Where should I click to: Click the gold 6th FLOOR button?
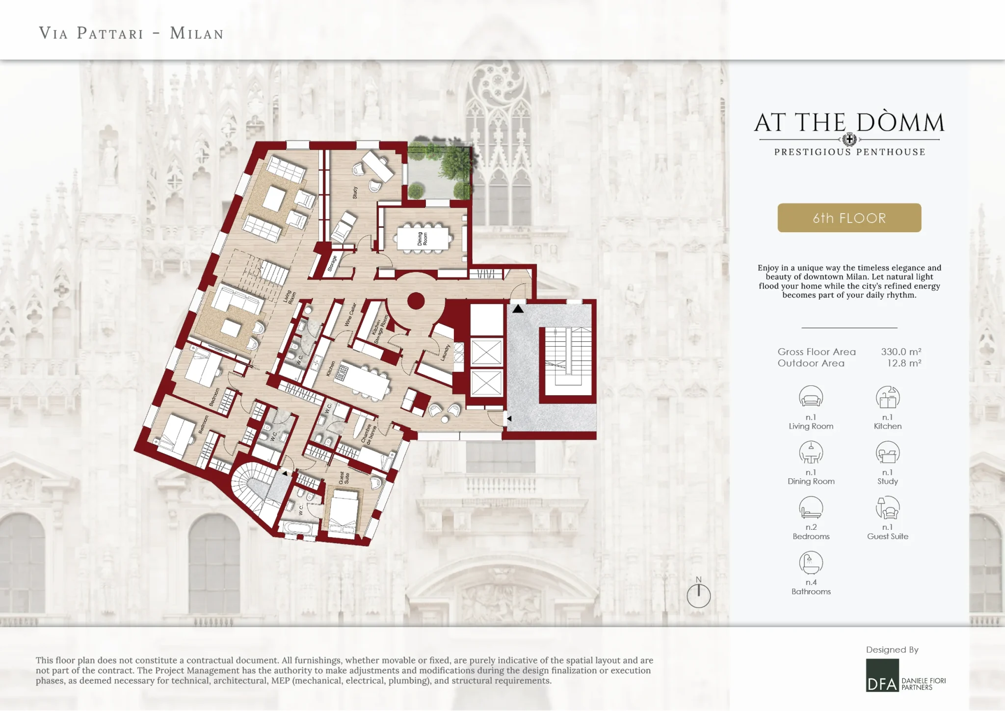(849, 218)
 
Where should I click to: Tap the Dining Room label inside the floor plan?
(422, 239)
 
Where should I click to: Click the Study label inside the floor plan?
(355, 192)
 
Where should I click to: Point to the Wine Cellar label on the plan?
(350, 315)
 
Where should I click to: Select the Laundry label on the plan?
(446, 353)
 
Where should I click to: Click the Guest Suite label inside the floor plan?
(344, 478)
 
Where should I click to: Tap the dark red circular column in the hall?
(416, 301)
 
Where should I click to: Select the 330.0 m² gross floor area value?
(901, 352)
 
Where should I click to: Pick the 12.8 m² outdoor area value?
(904, 363)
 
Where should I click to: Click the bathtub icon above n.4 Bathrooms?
(811, 563)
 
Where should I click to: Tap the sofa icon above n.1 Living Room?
(811, 397)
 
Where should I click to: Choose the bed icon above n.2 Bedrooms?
(811, 508)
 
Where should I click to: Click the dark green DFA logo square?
(882, 675)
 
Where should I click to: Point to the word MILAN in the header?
(197, 33)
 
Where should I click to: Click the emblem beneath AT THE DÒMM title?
(849, 139)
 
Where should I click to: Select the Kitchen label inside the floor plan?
(331, 369)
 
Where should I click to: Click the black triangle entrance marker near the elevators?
(518, 309)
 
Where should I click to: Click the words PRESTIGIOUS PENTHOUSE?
(849, 152)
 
